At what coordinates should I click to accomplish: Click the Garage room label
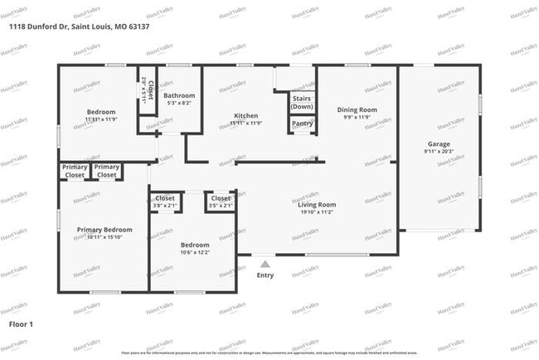pyautogui.click(x=439, y=144)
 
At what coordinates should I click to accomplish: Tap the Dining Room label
pyautogui.click(x=357, y=109)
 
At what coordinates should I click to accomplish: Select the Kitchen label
pyautogui.click(x=246, y=115)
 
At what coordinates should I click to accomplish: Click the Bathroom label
pyautogui.click(x=178, y=95)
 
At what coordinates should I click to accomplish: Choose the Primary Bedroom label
pyautogui.click(x=104, y=229)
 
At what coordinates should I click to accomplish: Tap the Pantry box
pyautogui.click(x=302, y=124)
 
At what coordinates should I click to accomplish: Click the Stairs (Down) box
pyautogui.click(x=302, y=102)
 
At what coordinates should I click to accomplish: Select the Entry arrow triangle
pyautogui.click(x=265, y=264)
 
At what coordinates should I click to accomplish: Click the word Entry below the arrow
pyautogui.click(x=265, y=275)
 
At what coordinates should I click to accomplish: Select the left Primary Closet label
pyautogui.click(x=75, y=171)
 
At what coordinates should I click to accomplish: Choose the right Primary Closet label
pyautogui.click(x=107, y=171)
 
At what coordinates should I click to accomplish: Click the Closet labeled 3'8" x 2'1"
pyautogui.click(x=165, y=201)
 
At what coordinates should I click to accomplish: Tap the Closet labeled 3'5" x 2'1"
pyautogui.click(x=220, y=201)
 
